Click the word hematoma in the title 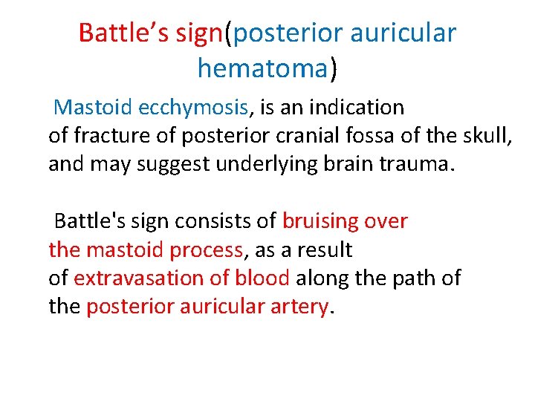click(262, 68)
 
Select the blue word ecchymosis click(193, 108)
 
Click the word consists click(205, 221)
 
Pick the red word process click(207, 250)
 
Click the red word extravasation click(141, 278)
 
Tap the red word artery click(302, 307)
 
